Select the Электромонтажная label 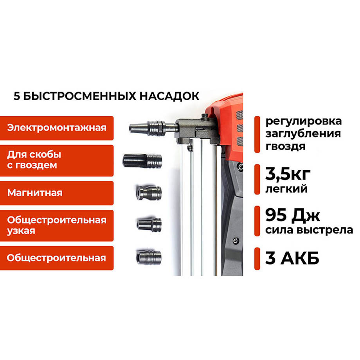point(57,128)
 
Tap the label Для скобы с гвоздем point(57,160)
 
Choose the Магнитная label point(57,193)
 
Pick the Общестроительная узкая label point(57,225)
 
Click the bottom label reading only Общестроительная point(57,258)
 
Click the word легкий point(286,189)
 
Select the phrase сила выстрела point(309,230)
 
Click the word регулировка point(303,121)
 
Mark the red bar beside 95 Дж point(257,221)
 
